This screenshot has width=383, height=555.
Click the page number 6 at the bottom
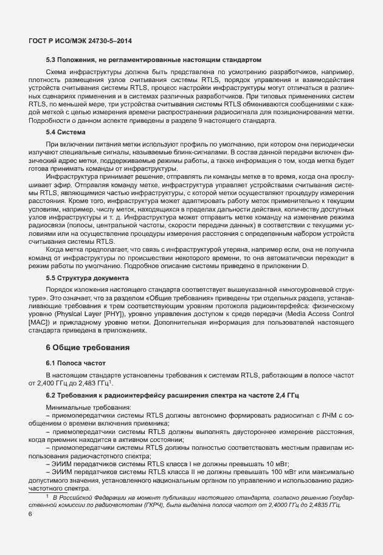pos(30,514)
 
